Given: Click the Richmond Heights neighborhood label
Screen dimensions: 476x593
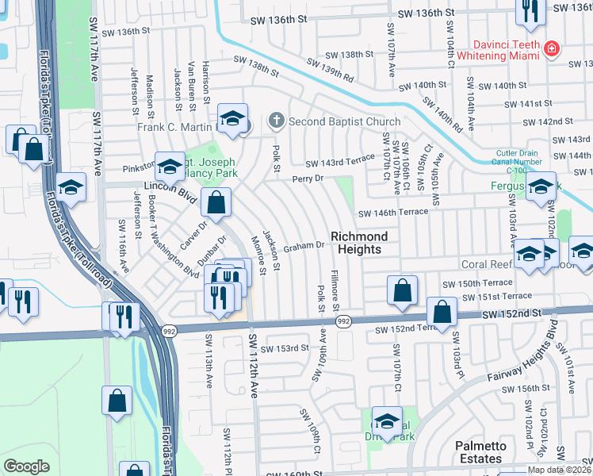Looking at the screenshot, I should [359, 243].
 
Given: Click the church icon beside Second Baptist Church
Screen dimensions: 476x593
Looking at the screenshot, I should [276, 121].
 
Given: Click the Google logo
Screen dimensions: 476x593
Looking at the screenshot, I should [26, 466].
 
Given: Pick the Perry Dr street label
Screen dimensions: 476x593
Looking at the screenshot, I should [308, 179].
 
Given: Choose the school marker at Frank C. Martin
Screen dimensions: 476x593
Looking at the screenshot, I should [231, 119].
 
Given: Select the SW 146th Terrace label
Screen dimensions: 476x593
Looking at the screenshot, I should [393, 212].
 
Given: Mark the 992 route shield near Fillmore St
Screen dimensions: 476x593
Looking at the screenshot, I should [342, 321].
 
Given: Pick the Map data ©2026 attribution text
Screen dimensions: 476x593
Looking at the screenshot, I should [557, 470].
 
